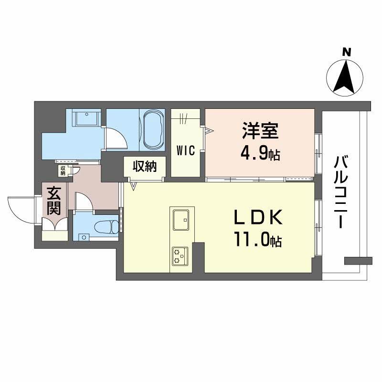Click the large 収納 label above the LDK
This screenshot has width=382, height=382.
click(x=144, y=167)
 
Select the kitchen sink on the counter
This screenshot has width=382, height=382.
click(x=182, y=219)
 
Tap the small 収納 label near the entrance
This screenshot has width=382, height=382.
click(x=63, y=170)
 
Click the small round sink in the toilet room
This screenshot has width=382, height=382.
click(x=84, y=237)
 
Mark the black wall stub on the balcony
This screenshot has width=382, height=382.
click(x=358, y=260)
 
